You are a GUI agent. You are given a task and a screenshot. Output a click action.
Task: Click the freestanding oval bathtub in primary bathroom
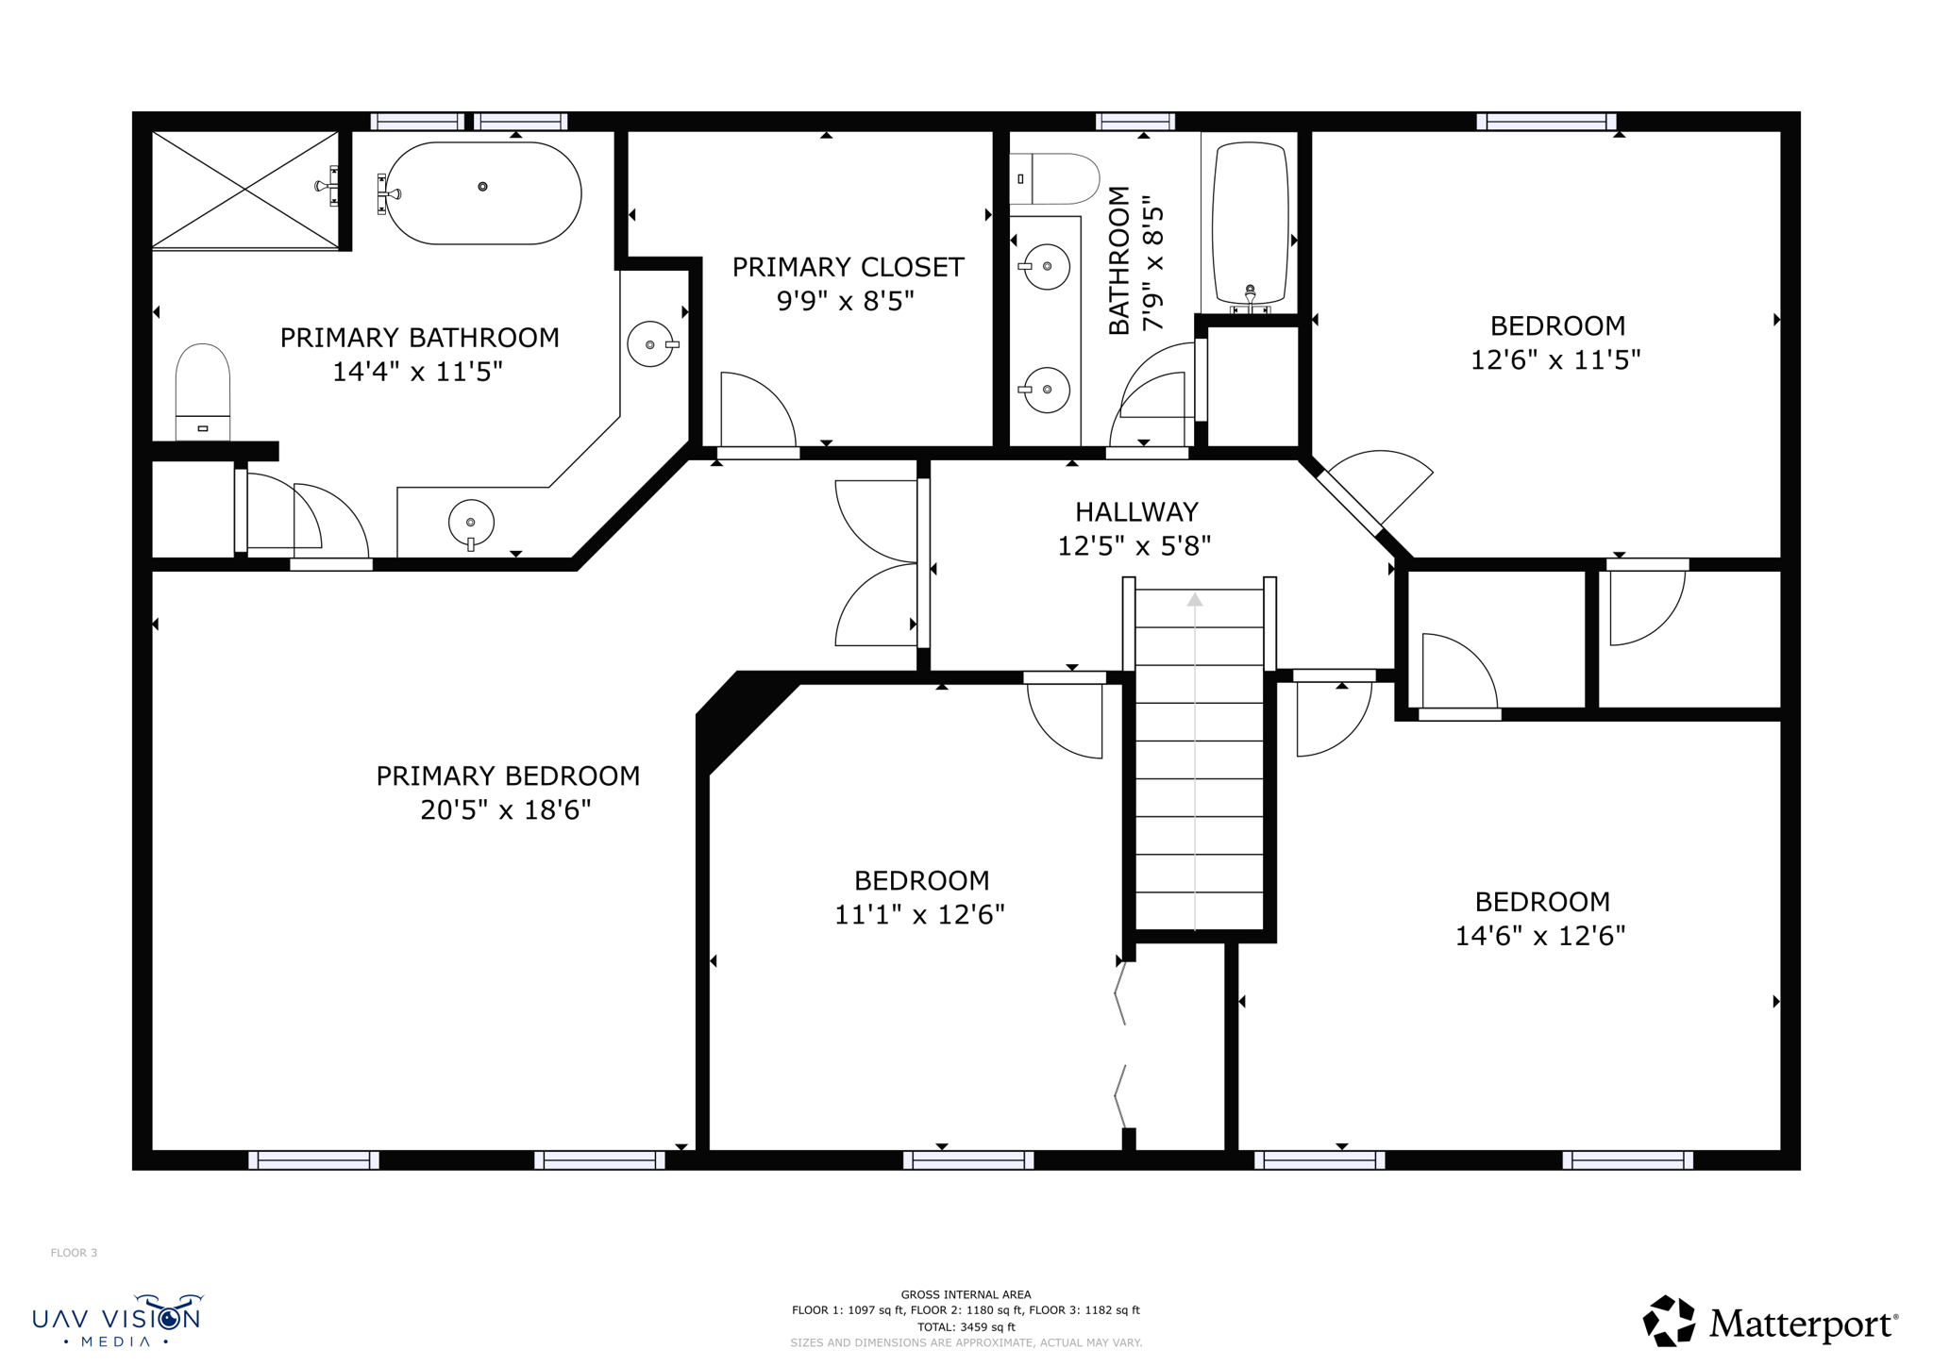(482, 193)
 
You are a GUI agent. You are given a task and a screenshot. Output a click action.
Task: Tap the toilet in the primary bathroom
(203, 391)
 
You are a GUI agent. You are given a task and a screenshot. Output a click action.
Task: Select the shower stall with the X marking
(245, 190)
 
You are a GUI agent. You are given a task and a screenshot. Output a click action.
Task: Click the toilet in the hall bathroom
(1055, 178)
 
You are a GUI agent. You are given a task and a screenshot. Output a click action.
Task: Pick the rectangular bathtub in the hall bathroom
(1250, 224)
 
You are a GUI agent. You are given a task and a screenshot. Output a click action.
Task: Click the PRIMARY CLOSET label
(847, 268)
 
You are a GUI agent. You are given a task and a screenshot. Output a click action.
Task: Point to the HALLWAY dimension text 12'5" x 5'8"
(1134, 546)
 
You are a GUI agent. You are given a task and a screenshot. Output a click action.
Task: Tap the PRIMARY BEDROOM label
(508, 775)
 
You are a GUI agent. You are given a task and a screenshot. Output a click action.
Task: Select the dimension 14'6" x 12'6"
(1539, 936)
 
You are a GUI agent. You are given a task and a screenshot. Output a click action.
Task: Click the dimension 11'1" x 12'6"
(919, 914)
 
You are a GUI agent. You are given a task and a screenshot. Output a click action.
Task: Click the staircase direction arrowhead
(1195, 600)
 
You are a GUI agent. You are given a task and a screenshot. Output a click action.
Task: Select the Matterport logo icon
(1669, 1321)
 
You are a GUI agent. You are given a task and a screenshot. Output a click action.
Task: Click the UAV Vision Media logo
(118, 1320)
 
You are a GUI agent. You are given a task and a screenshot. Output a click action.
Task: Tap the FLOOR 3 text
(74, 1253)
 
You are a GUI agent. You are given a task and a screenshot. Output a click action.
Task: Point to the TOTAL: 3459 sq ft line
(966, 1326)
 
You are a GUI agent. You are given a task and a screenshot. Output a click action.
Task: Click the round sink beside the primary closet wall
(650, 344)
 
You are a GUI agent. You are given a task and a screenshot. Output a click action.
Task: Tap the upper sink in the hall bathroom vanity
(1047, 267)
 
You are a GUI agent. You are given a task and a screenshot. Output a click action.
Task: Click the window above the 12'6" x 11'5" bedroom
(1546, 122)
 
